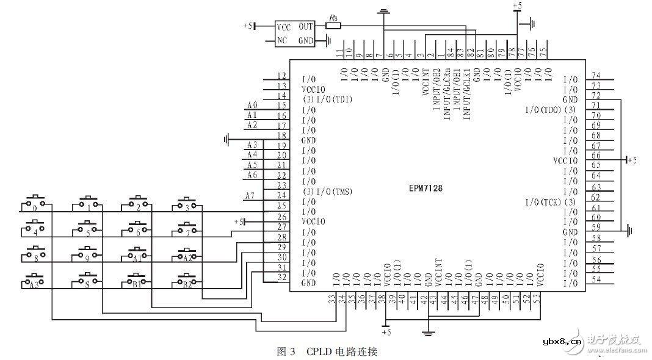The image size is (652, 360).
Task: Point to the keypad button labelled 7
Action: coord(187,229)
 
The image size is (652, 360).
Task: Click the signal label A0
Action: coord(252,105)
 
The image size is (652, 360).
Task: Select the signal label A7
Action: coord(249,196)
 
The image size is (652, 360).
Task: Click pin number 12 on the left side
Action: coord(281,76)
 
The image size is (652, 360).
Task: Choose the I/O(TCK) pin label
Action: coord(550,201)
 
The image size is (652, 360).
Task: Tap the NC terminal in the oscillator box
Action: coord(282,41)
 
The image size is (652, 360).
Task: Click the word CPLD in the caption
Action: coord(319,351)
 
